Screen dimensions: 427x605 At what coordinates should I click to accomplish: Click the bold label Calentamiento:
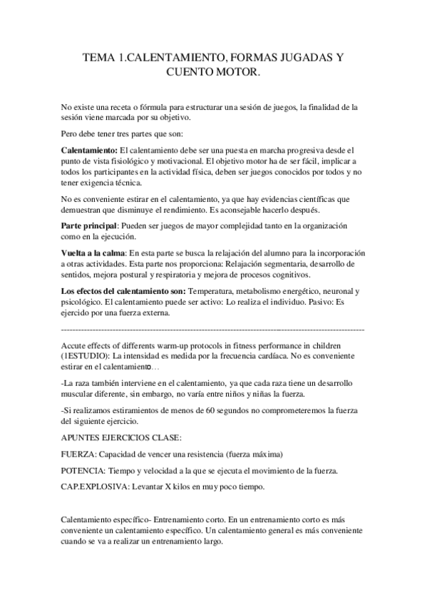(x=89, y=151)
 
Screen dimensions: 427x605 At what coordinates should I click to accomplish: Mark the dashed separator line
(x=213, y=330)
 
